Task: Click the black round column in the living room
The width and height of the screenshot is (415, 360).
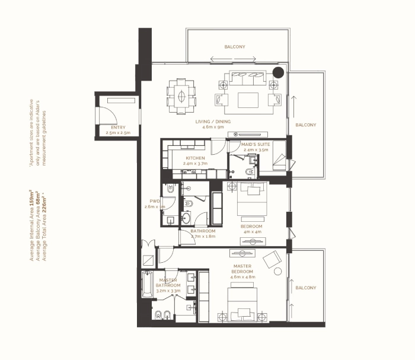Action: pyautogui.click(x=278, y=72)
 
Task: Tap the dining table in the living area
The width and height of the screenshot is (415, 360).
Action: pyautogui.click(x=181, y=96)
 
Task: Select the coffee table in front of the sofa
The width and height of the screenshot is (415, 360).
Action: pyautogui.click(x=248, y=100)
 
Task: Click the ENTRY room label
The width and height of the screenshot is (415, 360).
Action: pyautogui.click(x=119, y=128)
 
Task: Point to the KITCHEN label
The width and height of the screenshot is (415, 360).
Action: pyautogui.click(x=195, y=158)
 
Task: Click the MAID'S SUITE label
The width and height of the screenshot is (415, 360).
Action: pyautogui.click(x=256, y=144)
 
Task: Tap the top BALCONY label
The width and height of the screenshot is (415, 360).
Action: pyautogui.click(x=235, y=47)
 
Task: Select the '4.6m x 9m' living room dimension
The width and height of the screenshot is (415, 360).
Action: pyautogui.click(x=213, y=127)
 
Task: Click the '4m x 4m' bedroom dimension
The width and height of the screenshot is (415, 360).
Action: pyautogui.click(x=253, y=232)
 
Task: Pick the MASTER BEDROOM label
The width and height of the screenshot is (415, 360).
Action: pyautogui.click(x=242, y=269)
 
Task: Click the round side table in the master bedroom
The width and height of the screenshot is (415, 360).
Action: pyautogui.click(x=277, y=271)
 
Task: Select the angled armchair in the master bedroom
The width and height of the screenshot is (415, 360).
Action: pyautogui.click(x=272, y=259)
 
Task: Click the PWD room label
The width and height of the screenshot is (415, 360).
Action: pyautogui.click(x=155, y=201)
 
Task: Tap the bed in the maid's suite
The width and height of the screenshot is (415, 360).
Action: pyautogui.click(x=279, y=155)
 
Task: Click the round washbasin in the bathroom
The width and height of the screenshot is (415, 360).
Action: pyautogui.click(x=186, y=218)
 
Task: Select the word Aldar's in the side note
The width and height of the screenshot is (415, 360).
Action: pyautogui.click(x=38, y=107)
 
